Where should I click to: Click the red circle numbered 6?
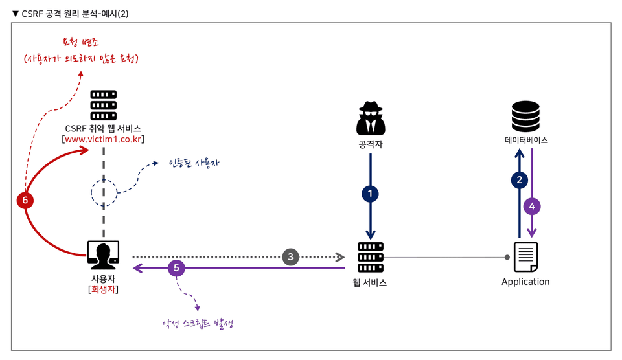click(25, 200)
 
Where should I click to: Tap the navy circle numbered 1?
click(370, 194)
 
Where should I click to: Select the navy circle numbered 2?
click(519, 180)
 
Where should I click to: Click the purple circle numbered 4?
click(532, 206)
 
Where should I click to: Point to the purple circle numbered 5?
click(176, 268)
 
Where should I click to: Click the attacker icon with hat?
click(371, 118)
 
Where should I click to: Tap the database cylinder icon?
click(525, 116)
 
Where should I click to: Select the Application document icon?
click(526, 257)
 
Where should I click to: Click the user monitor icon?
click(103, 255)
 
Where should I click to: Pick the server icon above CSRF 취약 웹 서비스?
click(104, 105)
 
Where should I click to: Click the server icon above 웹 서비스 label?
click(371, 257)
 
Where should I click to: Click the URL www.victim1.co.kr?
click(103, 139)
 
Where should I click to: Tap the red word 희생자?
click(103, 289)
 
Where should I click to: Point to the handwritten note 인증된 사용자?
click(194, 163)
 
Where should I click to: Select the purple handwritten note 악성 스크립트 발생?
click(198, 324)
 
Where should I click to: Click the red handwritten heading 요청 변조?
click(80, 41)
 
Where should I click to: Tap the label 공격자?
click(371, 144)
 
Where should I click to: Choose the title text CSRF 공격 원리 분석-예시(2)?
click(75, 14)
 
